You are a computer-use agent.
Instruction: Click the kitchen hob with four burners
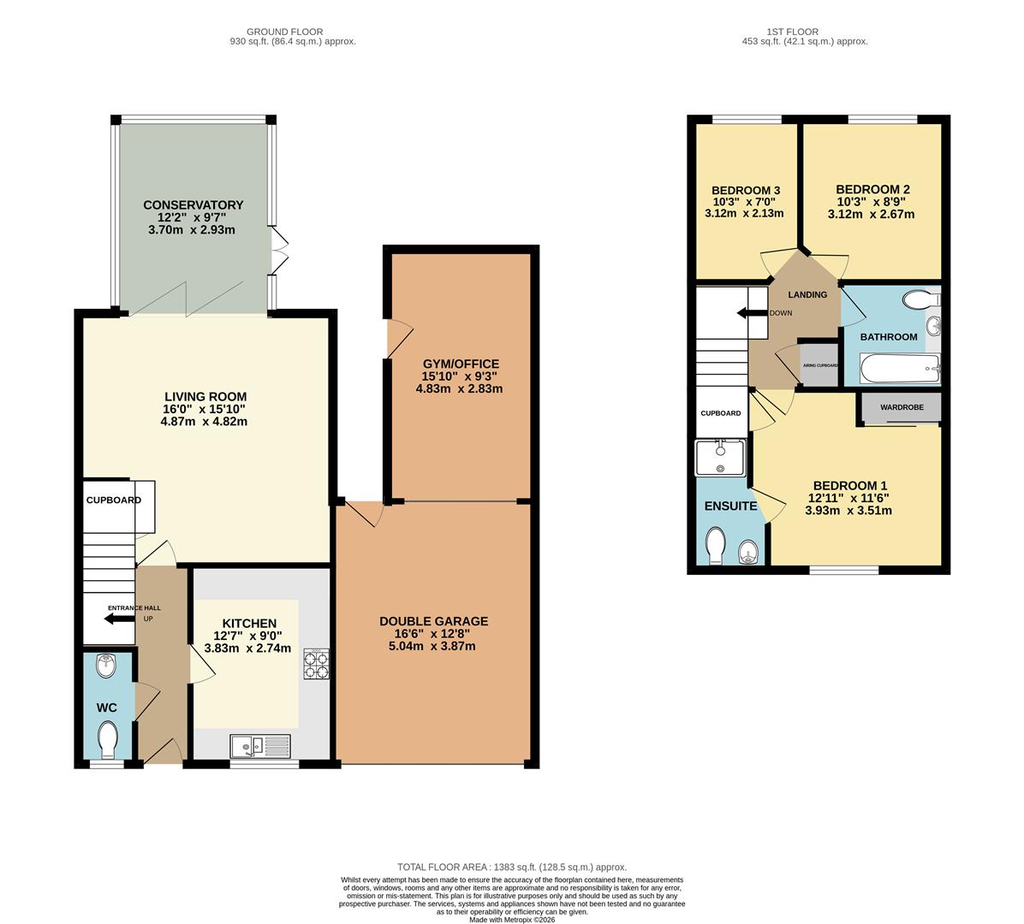[316, 664]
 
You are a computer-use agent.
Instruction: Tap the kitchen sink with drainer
[260, 746]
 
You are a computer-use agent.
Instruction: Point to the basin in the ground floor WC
[106, 666]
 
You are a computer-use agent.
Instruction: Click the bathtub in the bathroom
[900, 369]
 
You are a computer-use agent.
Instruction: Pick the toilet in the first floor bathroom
[920, 299]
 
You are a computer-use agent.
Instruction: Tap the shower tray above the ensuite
[720, 458]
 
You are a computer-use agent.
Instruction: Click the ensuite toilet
[717, 546]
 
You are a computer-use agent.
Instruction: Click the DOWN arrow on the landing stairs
[752, 313]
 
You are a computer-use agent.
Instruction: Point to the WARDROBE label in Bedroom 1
[902, 407]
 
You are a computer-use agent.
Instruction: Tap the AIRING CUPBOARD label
[820, 365]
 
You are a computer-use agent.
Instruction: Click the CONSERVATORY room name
[193, 204]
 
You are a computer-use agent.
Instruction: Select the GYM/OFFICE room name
[461, 364]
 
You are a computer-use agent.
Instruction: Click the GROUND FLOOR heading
[285, 32]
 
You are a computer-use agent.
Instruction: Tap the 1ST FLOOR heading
[793, 32]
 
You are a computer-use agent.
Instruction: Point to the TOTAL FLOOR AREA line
[512, 868]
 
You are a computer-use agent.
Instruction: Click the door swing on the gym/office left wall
[400, 339]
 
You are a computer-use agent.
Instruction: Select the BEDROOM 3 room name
[746, 191]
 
